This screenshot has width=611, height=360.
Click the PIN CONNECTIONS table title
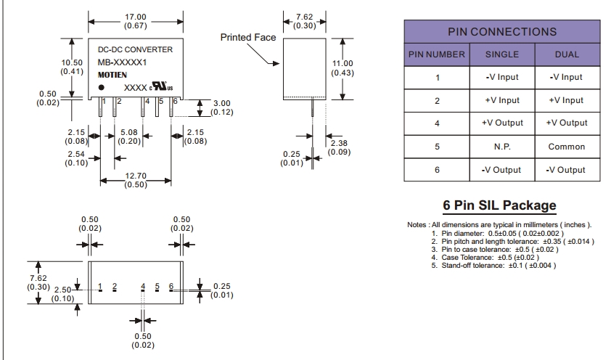[502, 31]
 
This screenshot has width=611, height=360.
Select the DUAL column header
[567, 54]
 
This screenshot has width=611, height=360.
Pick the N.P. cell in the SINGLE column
[502, 147]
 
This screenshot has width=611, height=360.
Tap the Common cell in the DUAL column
[567, 147]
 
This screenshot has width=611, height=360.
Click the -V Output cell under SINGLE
[501, 170]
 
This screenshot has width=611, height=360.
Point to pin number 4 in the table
[437, 123]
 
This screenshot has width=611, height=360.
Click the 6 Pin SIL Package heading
[499, 205]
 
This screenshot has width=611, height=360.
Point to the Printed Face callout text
[248, 38]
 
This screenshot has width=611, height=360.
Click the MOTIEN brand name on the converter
[112, 75]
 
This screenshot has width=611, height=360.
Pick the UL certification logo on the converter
[161, 86]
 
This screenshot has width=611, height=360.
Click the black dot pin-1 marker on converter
[102, 87]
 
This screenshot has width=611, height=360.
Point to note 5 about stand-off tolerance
[493, 266]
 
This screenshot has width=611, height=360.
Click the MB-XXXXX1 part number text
[122, 62]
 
